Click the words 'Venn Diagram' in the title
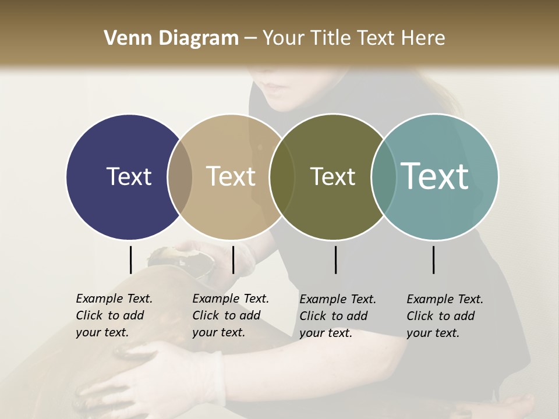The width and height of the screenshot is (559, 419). (171, 38)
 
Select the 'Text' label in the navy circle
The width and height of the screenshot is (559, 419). (129, 176)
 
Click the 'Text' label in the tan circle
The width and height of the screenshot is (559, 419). (231, 176)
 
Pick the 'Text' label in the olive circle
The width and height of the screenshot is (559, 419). (332, 176)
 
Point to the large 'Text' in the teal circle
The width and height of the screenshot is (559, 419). (435, 176)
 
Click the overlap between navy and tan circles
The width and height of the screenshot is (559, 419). (180, 176)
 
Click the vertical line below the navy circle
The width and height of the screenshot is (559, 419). (131, 260)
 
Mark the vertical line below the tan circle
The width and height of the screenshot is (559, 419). (233, 260)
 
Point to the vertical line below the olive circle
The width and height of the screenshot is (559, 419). (336, 260)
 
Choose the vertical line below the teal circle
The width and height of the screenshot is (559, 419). (434, 260)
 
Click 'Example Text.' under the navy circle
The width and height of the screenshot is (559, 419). (114, 299)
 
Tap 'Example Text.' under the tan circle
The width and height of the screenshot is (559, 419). (231, 299)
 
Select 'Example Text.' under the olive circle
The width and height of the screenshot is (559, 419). (338, 299)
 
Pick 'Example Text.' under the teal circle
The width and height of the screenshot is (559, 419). (445, 299)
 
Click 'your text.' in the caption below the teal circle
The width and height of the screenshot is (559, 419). (433, 333)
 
